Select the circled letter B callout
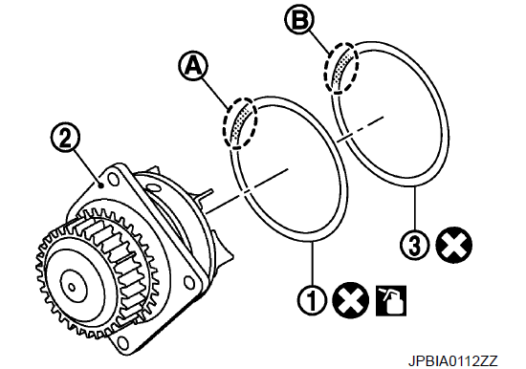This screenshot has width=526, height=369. tap(299, 19)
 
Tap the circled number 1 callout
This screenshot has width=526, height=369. tap(312, 299)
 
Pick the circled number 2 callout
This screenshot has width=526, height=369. tap(65, 138)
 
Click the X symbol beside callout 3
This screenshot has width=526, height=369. tap(453, 244)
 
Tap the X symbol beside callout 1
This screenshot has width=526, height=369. tap(351, 299)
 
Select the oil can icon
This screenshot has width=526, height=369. tap(391, 300)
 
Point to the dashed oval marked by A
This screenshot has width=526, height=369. tap(240, 122)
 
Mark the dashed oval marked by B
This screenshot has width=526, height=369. tap(341, 68)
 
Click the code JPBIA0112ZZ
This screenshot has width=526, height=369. tap(453, 360)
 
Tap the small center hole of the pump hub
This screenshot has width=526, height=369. tap(71, 287)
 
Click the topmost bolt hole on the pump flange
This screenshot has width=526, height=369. tap(113, 180)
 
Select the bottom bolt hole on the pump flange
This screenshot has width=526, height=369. tap(123, 342)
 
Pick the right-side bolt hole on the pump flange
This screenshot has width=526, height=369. tap(190, 281)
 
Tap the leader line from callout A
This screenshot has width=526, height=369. tap(216, 93)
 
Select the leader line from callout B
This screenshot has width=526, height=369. tap(319, 42)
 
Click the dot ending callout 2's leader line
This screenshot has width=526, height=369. tap(100, 184)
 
